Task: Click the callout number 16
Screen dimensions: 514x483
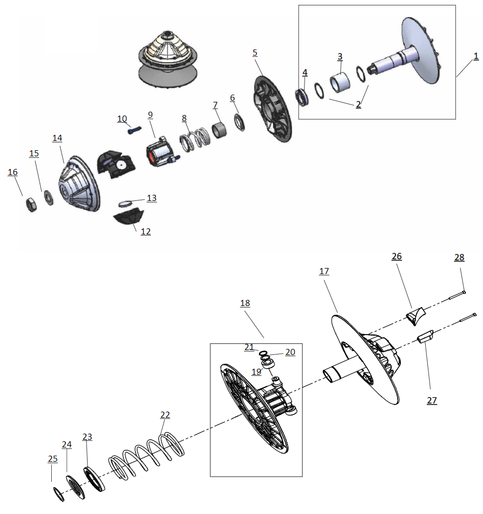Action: [13, 172]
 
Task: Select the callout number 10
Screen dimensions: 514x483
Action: [122, 119]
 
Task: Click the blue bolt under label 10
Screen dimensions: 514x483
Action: [134, 131]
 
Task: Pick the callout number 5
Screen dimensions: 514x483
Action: [254, 52]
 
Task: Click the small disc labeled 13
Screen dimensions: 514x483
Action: [127, 203]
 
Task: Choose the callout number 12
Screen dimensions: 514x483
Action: [145, 232]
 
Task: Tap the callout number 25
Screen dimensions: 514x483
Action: [53, 459]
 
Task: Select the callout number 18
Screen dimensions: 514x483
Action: [245, 303]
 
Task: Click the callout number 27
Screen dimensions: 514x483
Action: [432, 401]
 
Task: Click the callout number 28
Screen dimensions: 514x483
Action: [459, 258]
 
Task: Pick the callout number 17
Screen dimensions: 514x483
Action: [324, 271]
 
